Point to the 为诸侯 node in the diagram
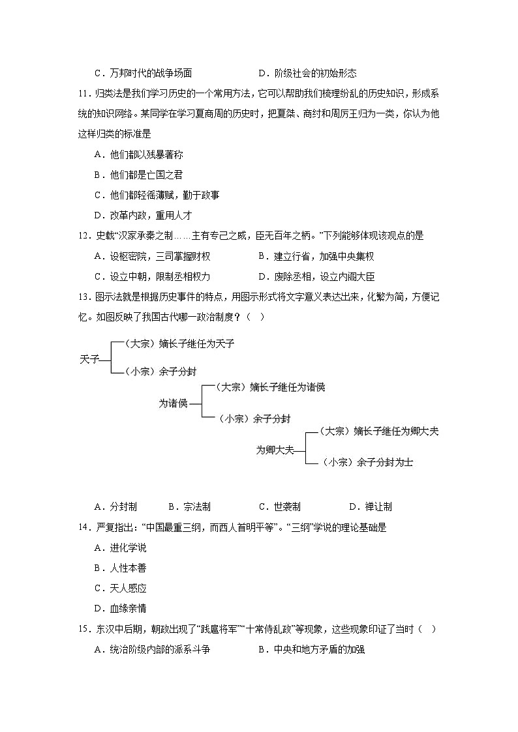click(173, 403)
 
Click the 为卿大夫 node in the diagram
click(275, 450)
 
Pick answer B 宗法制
click(189, 506)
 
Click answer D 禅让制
click(370, 506)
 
